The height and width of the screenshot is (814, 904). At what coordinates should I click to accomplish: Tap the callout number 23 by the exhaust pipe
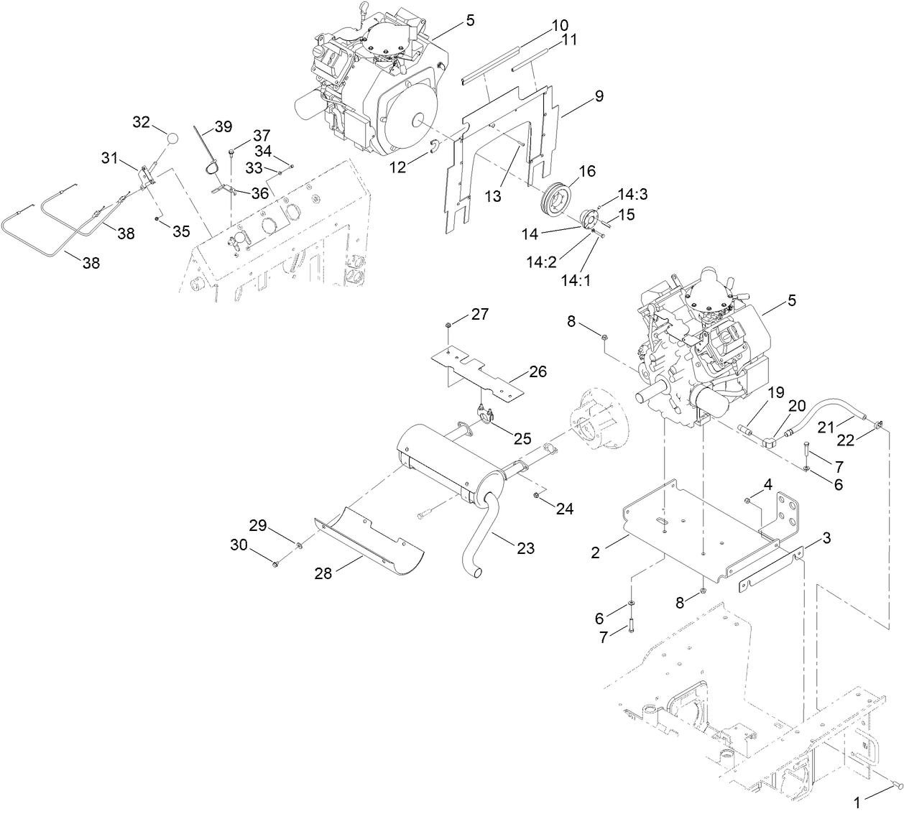(x=526, y=547)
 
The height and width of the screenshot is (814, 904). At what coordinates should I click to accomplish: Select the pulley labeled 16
(x=557, y=196)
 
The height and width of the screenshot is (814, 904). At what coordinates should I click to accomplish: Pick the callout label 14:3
(x=632, y=194)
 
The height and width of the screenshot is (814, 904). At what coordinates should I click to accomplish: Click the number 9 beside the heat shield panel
(x=598, y=96)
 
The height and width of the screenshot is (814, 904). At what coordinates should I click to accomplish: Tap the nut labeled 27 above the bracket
(x=448, y=325)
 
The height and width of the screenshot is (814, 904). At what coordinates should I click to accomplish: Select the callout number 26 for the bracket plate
(x=537, y=371)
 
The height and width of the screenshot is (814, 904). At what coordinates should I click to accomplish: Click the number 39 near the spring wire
(x=223, y=127)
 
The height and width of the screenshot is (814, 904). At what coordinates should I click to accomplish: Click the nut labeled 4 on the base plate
(x=748, y=500)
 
